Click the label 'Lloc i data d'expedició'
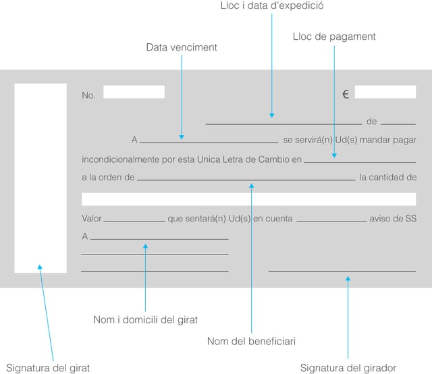(x=272, y=6)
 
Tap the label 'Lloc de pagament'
(x=334, y=36)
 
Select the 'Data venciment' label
(x=182, y=48)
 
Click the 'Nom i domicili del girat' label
(x=145, y=319)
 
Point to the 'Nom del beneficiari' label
(x=251, y=342)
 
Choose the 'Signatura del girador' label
(x=348, y=368)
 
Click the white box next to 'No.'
(x=134, y=92)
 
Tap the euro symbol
(x=346, y=95)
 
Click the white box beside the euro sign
(x=385, y=92)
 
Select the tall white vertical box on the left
(x=40, y=178)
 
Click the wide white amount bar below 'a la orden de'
(x=248, y=199)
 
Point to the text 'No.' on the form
(x=88, y=96)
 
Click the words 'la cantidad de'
(x=387, y=178)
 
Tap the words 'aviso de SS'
(x=393, y=219)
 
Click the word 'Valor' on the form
(x=91, y=219)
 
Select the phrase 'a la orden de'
(x=108, y=178)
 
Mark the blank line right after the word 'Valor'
(x=134, y=220)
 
